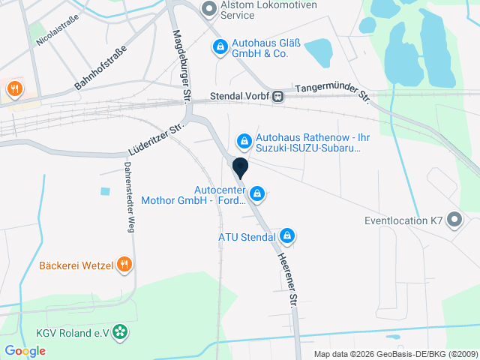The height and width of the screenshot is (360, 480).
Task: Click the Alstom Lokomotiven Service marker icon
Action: tap(209, 9)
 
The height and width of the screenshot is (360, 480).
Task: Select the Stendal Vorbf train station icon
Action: tap(278, 96)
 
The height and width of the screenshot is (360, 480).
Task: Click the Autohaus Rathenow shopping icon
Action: tap(244, 140)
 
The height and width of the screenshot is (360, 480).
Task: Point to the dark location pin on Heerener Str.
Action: tap(241, 167)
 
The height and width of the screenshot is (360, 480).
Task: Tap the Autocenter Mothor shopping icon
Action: tap(257, 194)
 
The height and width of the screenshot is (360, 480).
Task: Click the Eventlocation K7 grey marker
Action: tap(454, 220)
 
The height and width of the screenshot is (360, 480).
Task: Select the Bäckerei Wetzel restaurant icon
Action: tap(124, 265)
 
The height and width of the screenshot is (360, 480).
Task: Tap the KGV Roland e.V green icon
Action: tap(120, 333)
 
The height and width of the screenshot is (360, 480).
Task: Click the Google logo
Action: tap(25, 350)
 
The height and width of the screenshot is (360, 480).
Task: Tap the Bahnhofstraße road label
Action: tap(100, 68)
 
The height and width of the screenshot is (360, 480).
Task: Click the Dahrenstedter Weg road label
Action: tap(128, 198)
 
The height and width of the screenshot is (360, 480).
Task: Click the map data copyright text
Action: tap(395, 354)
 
